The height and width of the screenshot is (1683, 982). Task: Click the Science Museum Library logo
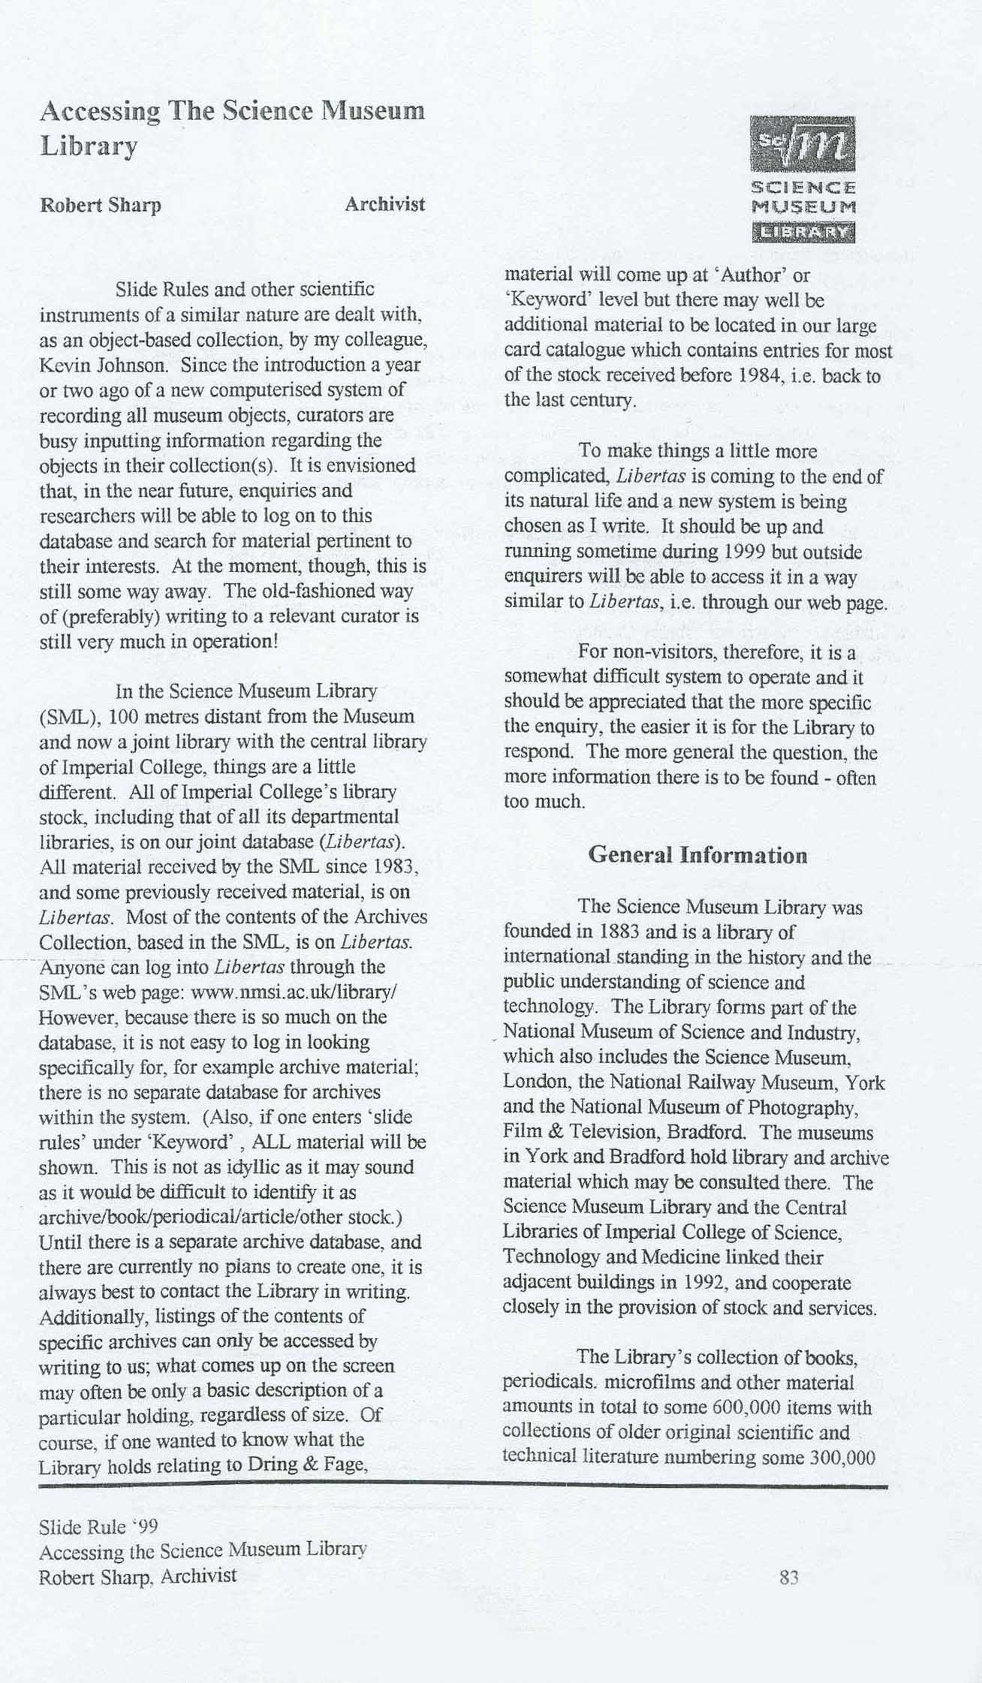[x=803, y=179]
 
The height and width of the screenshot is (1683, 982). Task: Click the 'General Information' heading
[x=697, y=855]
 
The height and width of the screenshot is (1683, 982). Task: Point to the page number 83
[x=788, y=1577]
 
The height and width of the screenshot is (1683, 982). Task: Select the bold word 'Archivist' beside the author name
[x=384, y=204]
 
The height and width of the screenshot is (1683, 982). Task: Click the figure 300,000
[x=842, y=1457]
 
